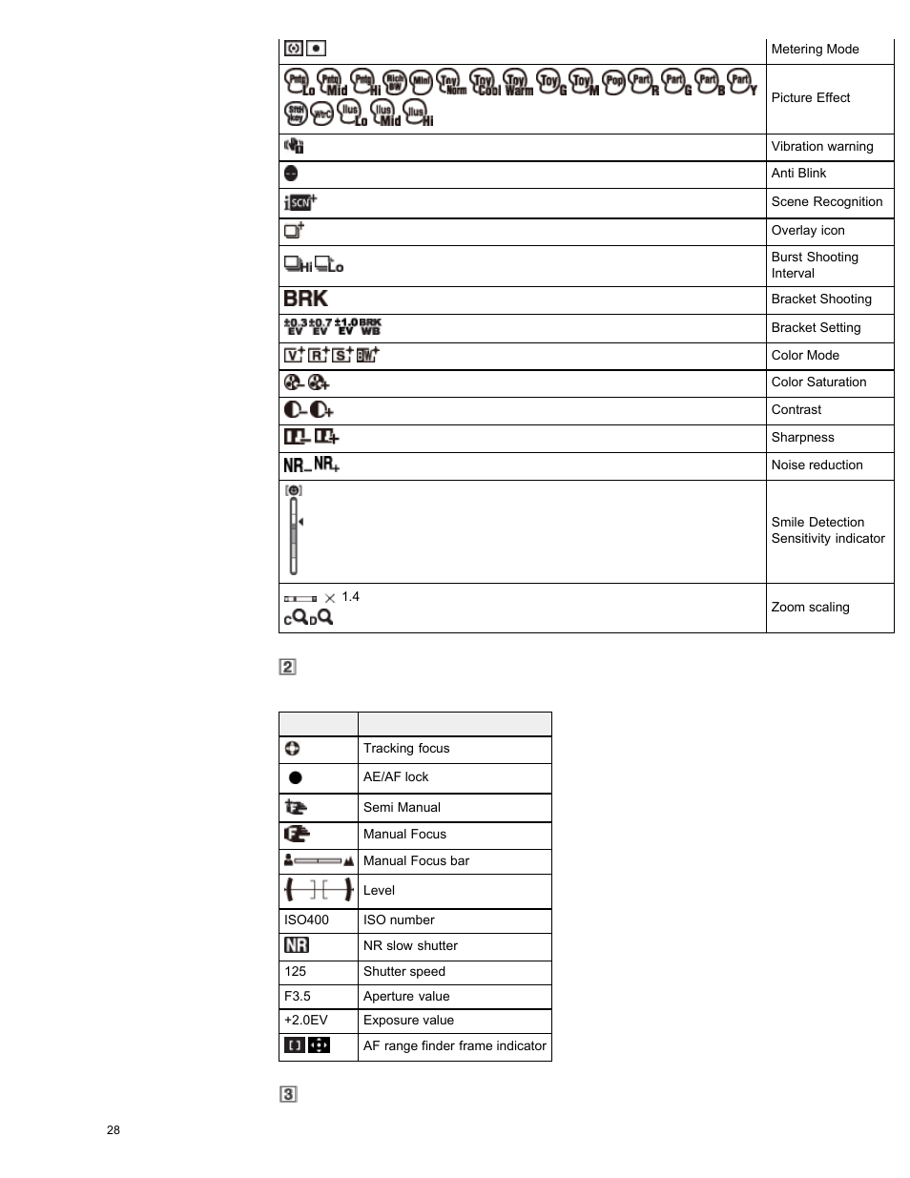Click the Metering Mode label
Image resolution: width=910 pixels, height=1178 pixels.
[x=815, y=50]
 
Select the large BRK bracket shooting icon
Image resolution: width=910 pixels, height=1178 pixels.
[x=305, y=299]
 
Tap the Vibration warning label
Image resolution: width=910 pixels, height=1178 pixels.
[x=821, y=147]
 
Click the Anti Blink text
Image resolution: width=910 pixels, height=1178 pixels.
[x=798, y=174]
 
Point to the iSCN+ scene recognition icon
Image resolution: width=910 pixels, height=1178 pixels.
[x=300, y=202]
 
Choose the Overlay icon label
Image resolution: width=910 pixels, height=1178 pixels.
[x=807, y=231]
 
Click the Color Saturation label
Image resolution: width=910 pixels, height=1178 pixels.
[x=818, y=382]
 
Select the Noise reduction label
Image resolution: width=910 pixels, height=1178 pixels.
[x=817, y=465]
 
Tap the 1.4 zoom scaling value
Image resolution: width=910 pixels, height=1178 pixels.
[x=350, y=597]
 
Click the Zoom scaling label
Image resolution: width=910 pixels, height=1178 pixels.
[x=810, y=608]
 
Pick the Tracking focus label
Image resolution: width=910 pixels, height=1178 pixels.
[x=405, y=749]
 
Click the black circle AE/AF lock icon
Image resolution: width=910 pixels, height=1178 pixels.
[x=296, y=777]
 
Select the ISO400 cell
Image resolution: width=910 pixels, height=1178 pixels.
[x=306, y=920]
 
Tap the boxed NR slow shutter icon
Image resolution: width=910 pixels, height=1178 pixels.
[x=297, y=945]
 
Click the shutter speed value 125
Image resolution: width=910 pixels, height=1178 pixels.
[x=296, y=972]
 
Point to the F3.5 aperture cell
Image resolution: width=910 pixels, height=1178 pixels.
[x=298, y=997]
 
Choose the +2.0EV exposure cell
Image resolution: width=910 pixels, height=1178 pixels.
[x=305, y=1021]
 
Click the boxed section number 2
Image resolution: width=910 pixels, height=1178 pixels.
[x=287, y=667]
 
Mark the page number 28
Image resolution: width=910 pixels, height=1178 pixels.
[x=114, y=1130]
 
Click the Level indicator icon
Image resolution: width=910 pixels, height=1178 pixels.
[x=319, y=890]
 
